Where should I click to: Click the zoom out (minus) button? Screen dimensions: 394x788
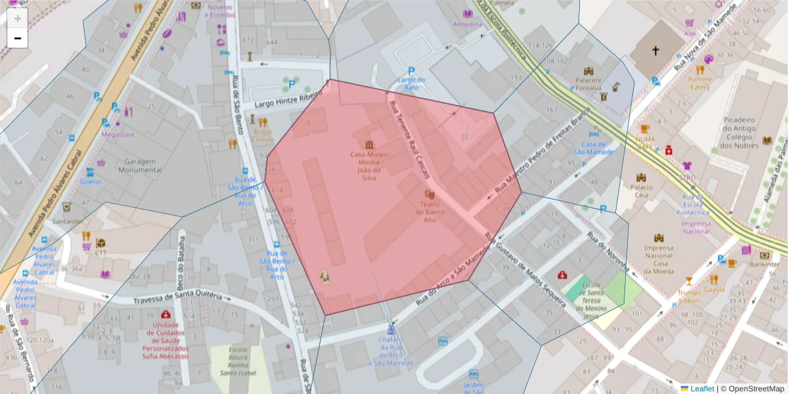pos(17,38)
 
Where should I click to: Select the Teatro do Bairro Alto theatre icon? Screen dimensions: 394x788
pos(429,194)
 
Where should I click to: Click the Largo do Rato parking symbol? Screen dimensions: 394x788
pos(411,71)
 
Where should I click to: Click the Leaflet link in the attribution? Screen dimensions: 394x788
pos(702,389)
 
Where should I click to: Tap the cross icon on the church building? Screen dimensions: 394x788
pos(655,51)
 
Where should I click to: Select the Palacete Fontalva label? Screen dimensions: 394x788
pos(588,83)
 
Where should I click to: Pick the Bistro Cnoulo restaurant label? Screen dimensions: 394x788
pos(263,135)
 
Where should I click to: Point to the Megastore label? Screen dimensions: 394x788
pos(118,135)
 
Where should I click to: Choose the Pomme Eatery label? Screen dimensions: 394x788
pos(700,83)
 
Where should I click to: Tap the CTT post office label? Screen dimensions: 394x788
pos(100,252)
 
